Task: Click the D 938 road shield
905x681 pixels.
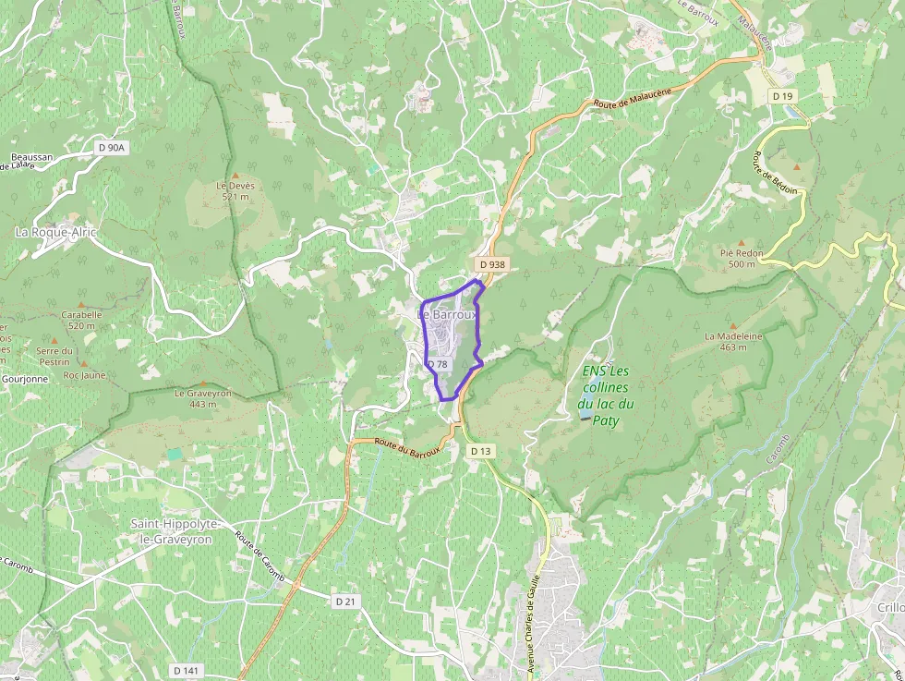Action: (492, 264)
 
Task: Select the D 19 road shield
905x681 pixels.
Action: (783, 96)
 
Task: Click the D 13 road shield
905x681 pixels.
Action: (481, 451)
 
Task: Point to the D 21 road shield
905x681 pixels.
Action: (345, 601)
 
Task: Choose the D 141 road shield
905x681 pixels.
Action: (186, 670)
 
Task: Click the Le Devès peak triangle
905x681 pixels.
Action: (235, 176)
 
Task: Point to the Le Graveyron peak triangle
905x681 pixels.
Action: (203, 383)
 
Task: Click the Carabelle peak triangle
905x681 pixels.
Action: (81, 304)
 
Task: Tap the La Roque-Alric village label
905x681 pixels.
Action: (55, 232)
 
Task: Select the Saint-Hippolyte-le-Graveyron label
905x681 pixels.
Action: (175, 530)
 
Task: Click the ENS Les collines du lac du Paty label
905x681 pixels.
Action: (606, 395)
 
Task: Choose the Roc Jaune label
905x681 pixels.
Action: (84, 375)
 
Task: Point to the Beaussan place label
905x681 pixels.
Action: (32, 158)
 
